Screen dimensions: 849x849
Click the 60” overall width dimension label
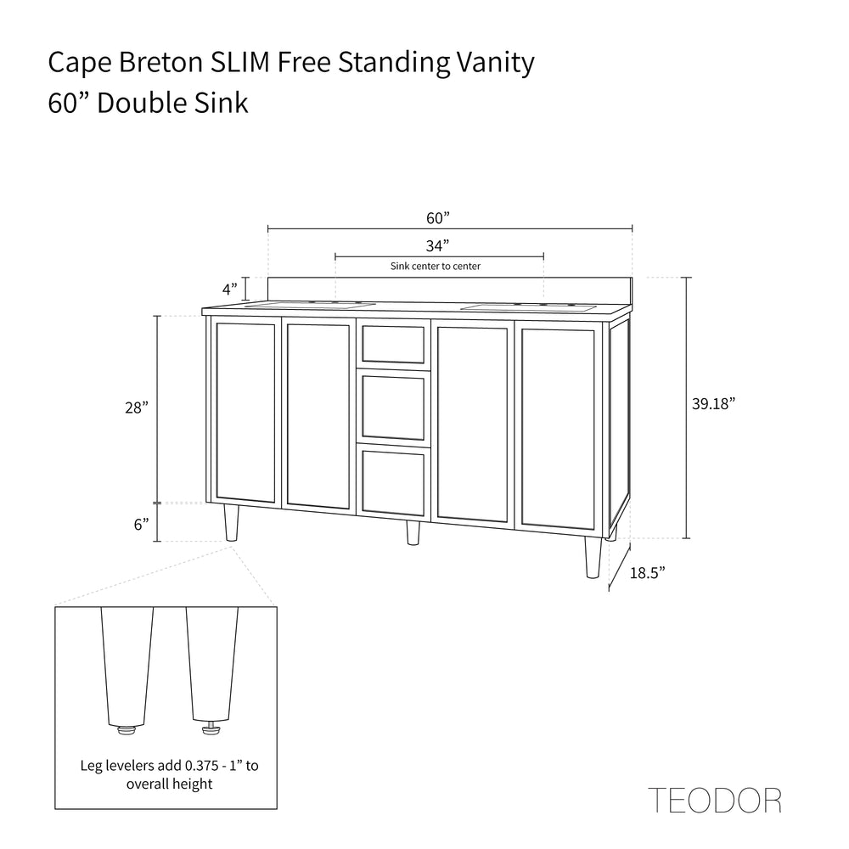pyautogui.click(x=437, y=218)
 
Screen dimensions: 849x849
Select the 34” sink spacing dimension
pyautogui.click(x=437, y=246)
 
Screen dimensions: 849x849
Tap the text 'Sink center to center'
pyautogui.click(x=436, y=267)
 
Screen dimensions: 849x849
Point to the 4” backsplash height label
pyautogui.click(x=230, y=289)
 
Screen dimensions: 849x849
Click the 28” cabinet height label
pyautogui.click(x=136, y=408)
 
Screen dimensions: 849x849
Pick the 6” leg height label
pyautogui.click(x=141, y=524)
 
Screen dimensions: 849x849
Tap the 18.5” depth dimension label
pyautogui.click(x=647, y=573)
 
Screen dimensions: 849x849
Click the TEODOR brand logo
pyautogui.click(x=715, y=800)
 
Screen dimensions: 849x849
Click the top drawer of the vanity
pyautogui.click(x=393, y=343)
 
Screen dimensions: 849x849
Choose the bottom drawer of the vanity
pyautogui.click(x=393, y=481)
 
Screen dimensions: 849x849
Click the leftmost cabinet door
pyautogui.click(x=246, y=412)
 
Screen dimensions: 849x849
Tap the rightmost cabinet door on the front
pyautogui.click(x=557, y=428)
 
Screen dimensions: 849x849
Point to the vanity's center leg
pyautogui.click(x=413, y=532)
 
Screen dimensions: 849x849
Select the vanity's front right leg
pyautogui.click(x=593, y=557)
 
